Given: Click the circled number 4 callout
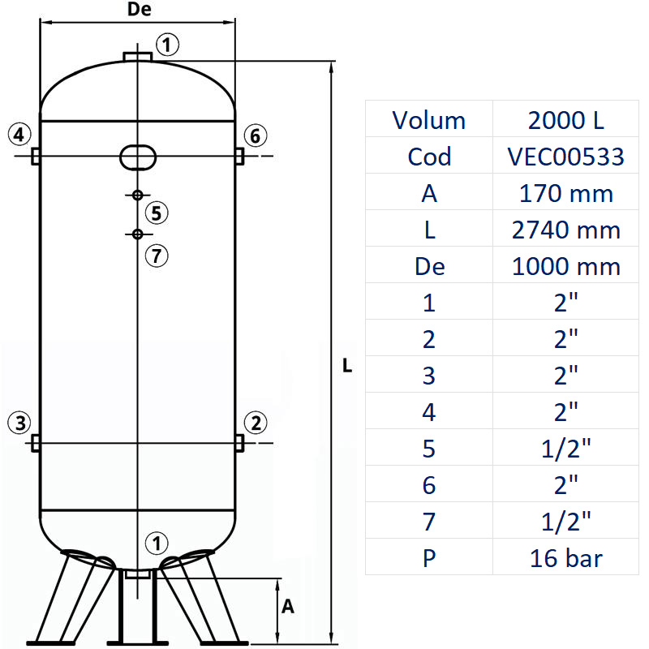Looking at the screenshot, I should [20, 134].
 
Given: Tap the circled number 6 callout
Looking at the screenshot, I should [255, 135].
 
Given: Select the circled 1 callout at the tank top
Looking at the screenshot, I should [166, 45].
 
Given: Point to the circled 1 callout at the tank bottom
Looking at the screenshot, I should [155, 543].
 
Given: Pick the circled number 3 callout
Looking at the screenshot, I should [20, 422].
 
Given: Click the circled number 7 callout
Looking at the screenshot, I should [157, 256].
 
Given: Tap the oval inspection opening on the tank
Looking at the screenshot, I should [138, 156].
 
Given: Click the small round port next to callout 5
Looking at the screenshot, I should [137, 195].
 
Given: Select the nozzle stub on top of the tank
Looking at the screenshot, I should [138, 55].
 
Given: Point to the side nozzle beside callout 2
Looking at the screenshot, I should [239, 443].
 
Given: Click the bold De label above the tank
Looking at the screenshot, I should [140, 10].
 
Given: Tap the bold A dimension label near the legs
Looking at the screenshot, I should [287, 606].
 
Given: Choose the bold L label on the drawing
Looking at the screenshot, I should [347, 366].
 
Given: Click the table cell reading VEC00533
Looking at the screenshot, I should [566, 156].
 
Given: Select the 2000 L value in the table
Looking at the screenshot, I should [566, 120].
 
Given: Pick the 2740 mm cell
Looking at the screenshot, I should [566, 230].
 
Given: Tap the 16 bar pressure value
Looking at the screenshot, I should [566, 558].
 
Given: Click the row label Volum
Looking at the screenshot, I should [429, 120].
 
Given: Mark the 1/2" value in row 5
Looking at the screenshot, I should [566, 449].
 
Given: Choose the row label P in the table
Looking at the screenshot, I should [429, 558].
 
